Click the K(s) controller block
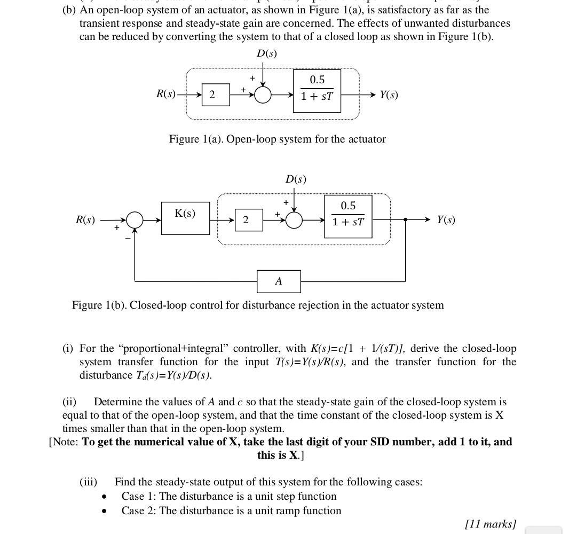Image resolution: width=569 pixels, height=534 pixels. (185, 218)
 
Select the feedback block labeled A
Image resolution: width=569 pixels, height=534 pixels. (279, 281)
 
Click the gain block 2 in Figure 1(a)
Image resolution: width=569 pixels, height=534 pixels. (216, 95)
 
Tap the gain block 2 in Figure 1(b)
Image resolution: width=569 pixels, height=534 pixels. (249, 220)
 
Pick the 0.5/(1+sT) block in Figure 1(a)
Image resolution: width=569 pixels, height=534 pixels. (317, 91)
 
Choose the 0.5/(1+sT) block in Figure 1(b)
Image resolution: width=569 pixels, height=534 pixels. (348, 216)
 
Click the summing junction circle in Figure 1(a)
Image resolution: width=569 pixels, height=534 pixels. (263, 95)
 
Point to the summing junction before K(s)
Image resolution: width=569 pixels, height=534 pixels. (135, 220)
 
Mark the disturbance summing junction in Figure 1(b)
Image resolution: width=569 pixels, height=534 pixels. (294, 220)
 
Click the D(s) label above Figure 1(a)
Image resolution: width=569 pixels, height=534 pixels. (267, 53)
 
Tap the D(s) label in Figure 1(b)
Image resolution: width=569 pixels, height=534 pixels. (296, 179)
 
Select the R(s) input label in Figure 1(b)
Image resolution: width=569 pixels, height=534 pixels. (85, 220)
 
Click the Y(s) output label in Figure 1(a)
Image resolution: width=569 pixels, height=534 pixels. (389, 95)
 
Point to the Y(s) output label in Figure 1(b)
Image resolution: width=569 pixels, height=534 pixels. (446, 220)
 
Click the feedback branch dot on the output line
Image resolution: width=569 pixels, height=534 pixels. (406, 219)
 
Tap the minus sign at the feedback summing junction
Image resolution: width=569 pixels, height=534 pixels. (128, 239)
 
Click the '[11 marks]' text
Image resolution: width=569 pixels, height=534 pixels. (491, 524)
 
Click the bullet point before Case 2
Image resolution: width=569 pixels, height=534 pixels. (105, 512)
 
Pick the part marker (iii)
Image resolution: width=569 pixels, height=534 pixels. (89, 482)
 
